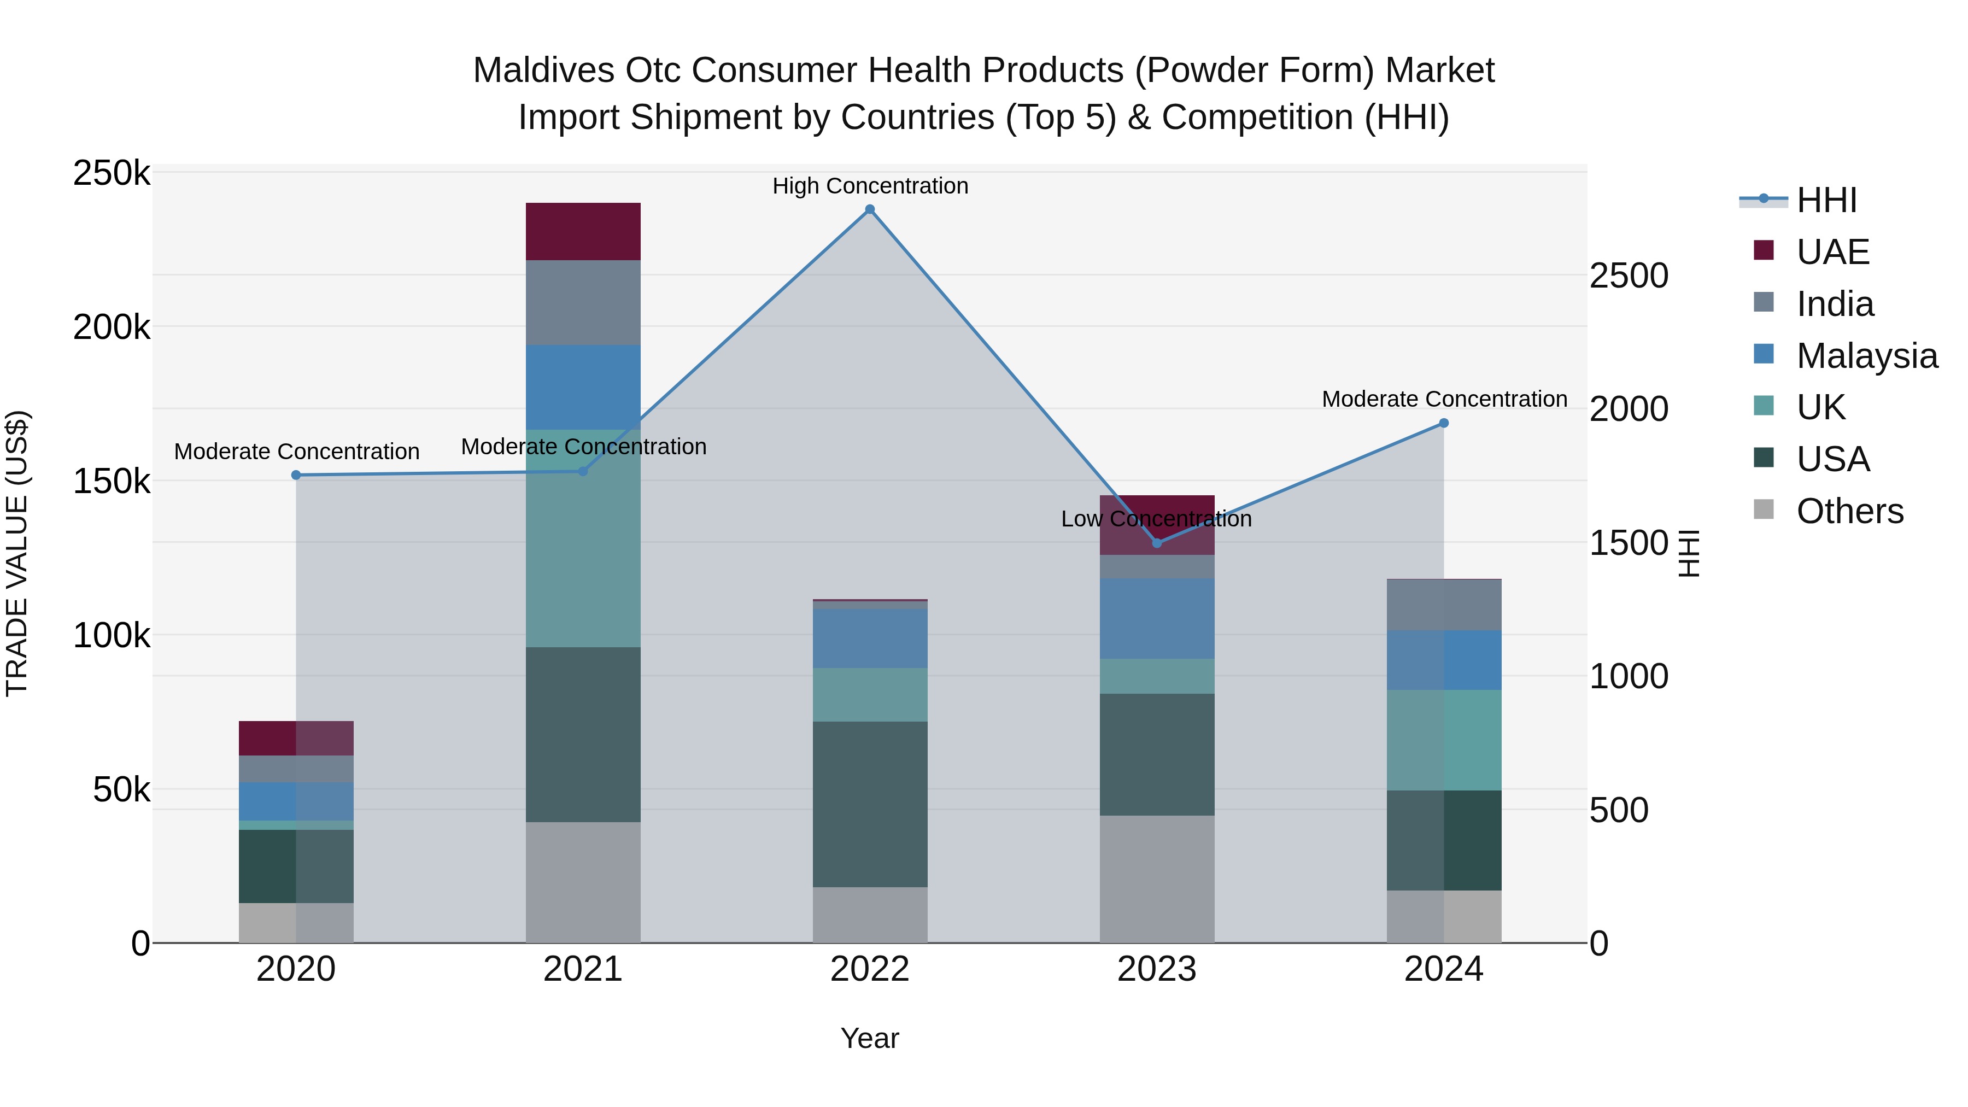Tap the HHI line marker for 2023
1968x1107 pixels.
[x=1157, y=543]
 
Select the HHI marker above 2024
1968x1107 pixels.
[x=1444, y=423]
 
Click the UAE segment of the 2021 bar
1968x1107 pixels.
[x=583, y=231]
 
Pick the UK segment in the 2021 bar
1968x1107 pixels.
[x=583, y=538]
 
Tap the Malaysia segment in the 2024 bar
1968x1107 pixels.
[x=1444, y=660]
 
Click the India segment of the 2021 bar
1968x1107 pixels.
[x=583, y=302]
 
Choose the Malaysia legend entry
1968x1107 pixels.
[x=1866, y=356]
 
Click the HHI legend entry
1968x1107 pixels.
[x=1826, y=200]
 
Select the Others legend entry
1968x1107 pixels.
[x=1849, y=511]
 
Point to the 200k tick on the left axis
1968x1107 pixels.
[x=112, y=328]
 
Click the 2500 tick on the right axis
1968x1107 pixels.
[x=1629, y=276]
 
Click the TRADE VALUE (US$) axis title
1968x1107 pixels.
[x=17, y=553]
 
